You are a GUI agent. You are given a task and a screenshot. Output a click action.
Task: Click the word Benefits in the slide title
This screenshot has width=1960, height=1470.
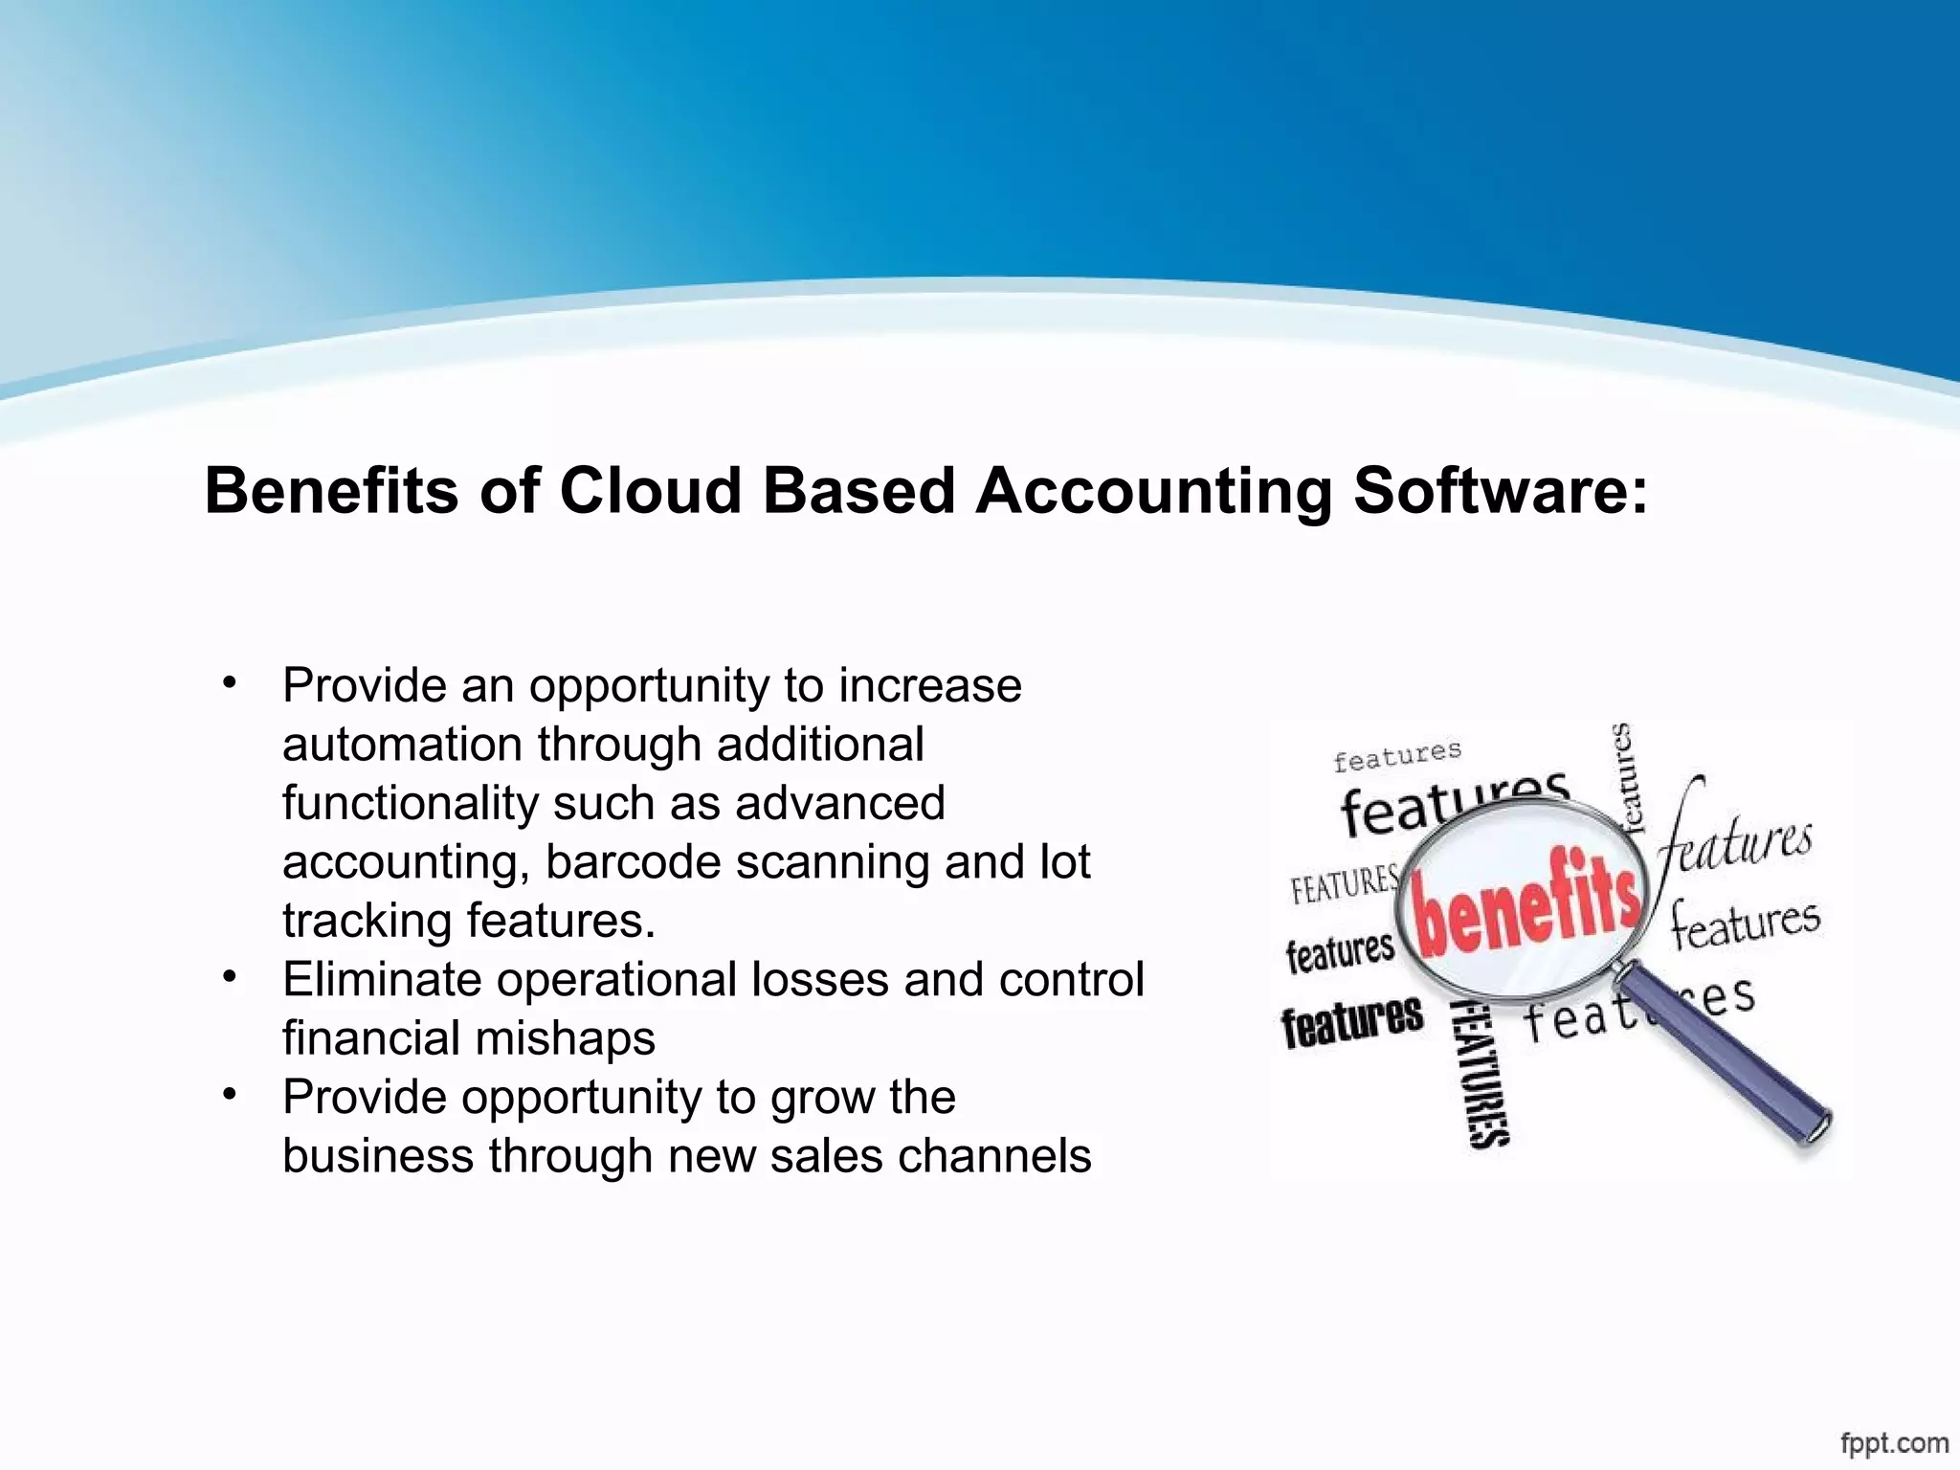[x=331, y=491]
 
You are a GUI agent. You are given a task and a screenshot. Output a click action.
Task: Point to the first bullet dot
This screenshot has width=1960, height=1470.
[x=228, y=683]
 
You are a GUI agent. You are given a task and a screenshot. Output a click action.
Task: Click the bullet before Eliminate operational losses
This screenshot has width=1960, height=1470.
[x=228, y=977]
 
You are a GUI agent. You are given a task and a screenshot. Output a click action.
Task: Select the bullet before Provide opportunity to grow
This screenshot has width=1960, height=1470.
[x=228, y=1095]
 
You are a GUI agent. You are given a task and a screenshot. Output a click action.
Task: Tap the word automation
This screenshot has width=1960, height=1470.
[x=402, y=745]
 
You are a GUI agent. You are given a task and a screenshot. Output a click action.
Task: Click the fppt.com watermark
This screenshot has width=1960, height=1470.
[x=1894, y=1441]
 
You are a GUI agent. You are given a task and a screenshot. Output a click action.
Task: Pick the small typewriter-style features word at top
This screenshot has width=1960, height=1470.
[x=1397, y=756]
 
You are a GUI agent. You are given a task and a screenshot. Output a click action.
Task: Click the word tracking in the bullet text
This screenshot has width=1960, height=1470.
[x=367, y=921]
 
